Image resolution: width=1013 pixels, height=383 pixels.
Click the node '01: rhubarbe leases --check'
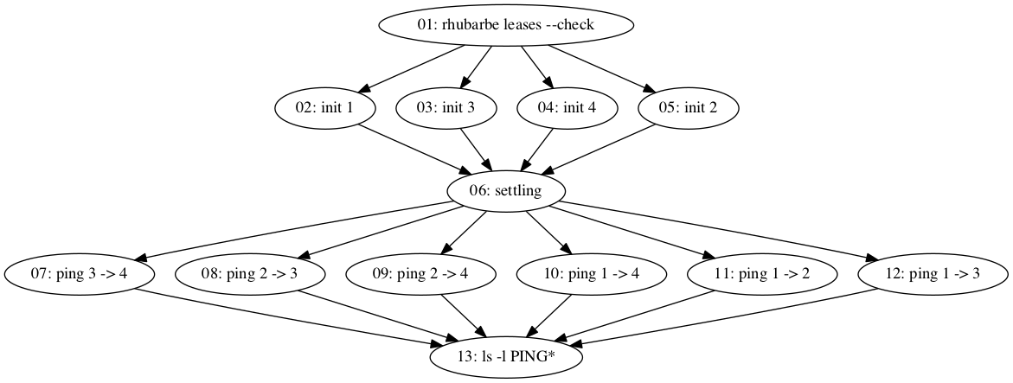506,25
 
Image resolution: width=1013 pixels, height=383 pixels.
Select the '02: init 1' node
324,108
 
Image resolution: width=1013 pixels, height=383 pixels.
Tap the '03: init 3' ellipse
446,108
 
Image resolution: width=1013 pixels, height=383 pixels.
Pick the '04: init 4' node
567,108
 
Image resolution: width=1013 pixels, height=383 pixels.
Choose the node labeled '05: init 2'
688,108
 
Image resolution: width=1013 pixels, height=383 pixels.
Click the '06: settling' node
506,191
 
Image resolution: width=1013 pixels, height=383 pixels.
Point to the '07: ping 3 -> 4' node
80,274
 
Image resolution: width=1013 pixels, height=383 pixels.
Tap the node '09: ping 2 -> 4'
421,274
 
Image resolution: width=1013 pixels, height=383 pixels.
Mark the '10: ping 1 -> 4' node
592,274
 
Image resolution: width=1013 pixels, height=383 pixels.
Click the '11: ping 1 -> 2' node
762,274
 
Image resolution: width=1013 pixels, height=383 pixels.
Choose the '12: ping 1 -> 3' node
933,274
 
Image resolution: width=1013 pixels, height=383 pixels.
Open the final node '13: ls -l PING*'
506,356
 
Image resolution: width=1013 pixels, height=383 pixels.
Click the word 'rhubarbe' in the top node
455,25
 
